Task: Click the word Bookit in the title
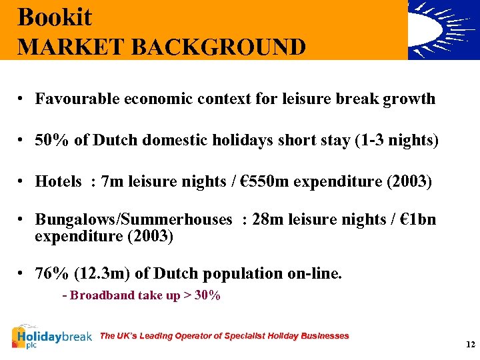coord(55,17)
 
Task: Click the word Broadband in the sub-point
coord(102,295)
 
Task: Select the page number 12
coord(471,345)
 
